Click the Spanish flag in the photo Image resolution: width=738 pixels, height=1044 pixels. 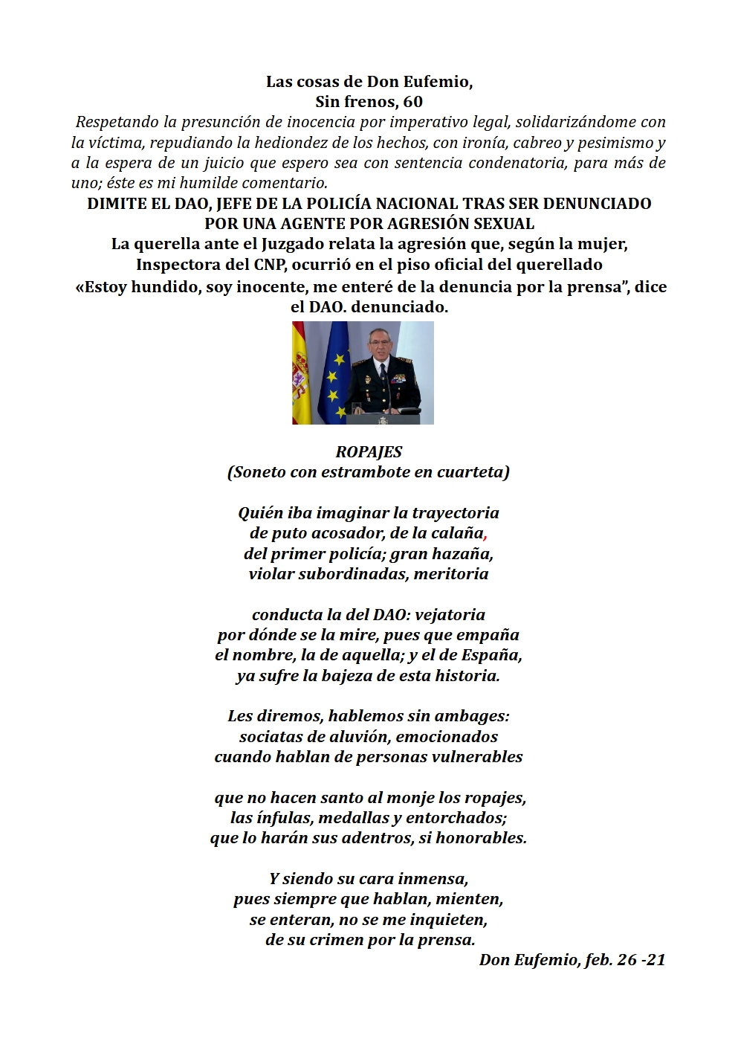point(301,372)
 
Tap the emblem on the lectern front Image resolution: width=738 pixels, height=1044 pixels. point(383,420)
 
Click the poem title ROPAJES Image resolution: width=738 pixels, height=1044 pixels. point(369,451)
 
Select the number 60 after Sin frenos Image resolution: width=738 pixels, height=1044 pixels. point(413,102)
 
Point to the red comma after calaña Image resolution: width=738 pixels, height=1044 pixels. point(485,535)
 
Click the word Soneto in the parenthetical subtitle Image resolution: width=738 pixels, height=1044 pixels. point(259,472)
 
